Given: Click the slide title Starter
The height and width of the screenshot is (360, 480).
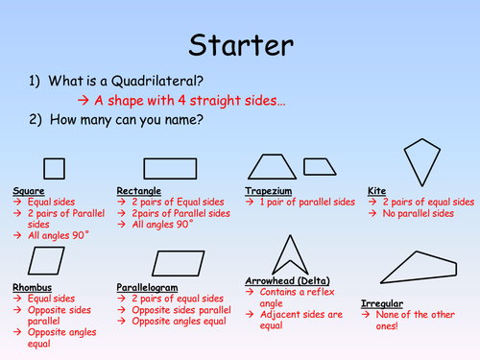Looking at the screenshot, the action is coord(241,45).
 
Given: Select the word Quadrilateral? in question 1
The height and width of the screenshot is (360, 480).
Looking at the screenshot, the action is coord(157,82).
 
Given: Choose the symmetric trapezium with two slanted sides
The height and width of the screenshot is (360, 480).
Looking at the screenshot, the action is coord(256,167).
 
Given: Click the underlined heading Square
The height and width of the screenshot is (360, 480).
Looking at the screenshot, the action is coord(29,191).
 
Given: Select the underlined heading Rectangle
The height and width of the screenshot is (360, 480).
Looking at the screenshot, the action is coord(138,191).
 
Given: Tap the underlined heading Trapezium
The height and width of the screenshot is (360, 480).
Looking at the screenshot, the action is coord(269,191).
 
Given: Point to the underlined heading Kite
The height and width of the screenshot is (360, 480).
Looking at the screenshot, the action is coord(376,191).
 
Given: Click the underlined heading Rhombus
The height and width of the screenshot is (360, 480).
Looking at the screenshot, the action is coord(32,287).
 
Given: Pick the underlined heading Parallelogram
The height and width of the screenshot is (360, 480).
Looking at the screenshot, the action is coord(147,288).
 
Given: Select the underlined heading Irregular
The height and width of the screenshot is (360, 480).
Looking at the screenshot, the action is coord(382,303).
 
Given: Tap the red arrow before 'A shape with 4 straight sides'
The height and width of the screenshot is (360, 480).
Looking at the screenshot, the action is coord(83,101).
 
